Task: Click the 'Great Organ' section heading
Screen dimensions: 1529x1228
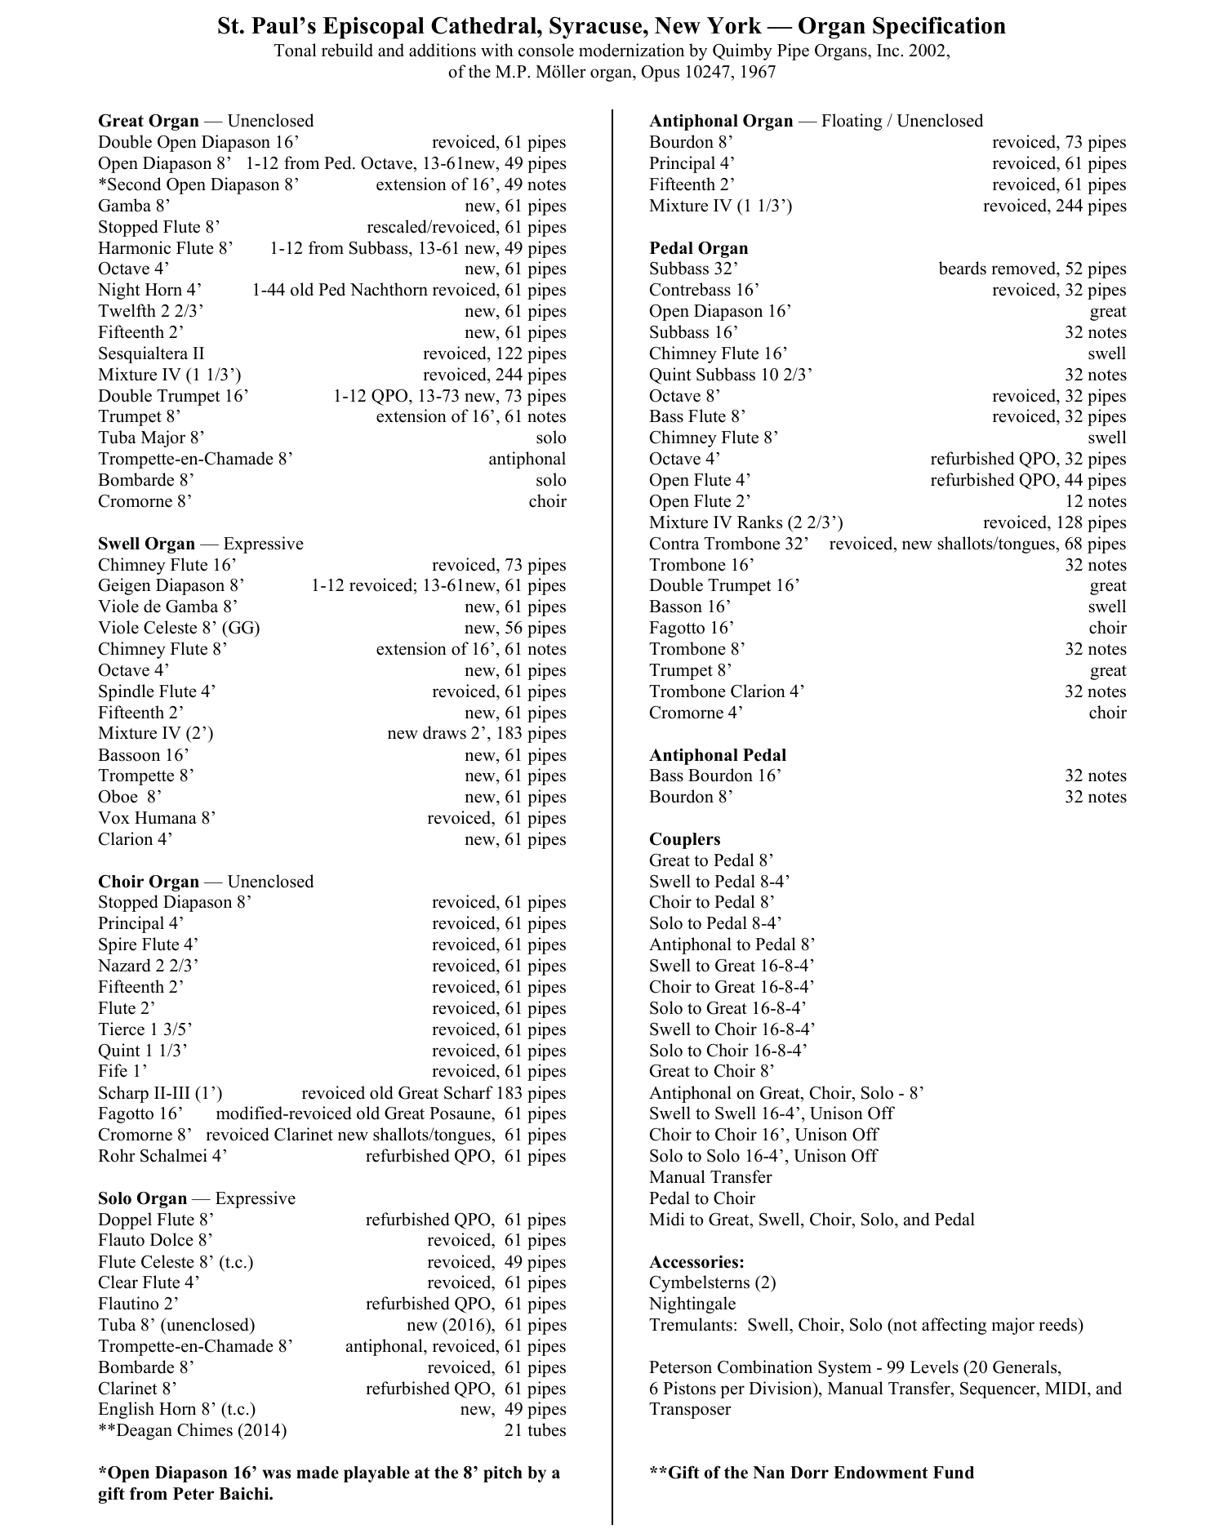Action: click(148, 121)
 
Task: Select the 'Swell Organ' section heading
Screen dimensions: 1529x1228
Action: click(146, 544)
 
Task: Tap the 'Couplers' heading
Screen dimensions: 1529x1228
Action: click(684, 839)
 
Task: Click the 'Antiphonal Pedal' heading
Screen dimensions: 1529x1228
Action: click(717, 755)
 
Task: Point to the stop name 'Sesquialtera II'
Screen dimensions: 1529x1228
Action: click(151, 353)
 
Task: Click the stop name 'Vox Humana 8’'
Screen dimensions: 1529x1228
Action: click(157, 818)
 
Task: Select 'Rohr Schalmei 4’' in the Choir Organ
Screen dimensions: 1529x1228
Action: click(162, 1156)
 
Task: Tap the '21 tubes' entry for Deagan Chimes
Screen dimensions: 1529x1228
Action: click(535, 1430)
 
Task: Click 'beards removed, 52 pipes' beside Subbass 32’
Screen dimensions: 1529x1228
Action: click(1032, 269)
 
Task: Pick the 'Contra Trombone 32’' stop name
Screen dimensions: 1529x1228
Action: click(728, 544)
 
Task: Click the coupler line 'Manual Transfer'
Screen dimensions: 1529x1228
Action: click(710, 1177)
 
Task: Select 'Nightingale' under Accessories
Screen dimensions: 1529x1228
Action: click(692, 1304)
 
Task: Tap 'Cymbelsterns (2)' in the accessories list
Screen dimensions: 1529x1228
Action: click(712, 1282)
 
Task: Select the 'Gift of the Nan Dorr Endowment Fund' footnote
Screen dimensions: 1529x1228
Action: click(811, 1473)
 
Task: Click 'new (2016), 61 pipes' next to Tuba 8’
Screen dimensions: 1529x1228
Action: click(486, 1325)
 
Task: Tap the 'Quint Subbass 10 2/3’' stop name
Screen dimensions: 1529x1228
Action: click(730, 375)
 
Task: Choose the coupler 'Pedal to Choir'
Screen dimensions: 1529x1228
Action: click(701, 1198)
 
